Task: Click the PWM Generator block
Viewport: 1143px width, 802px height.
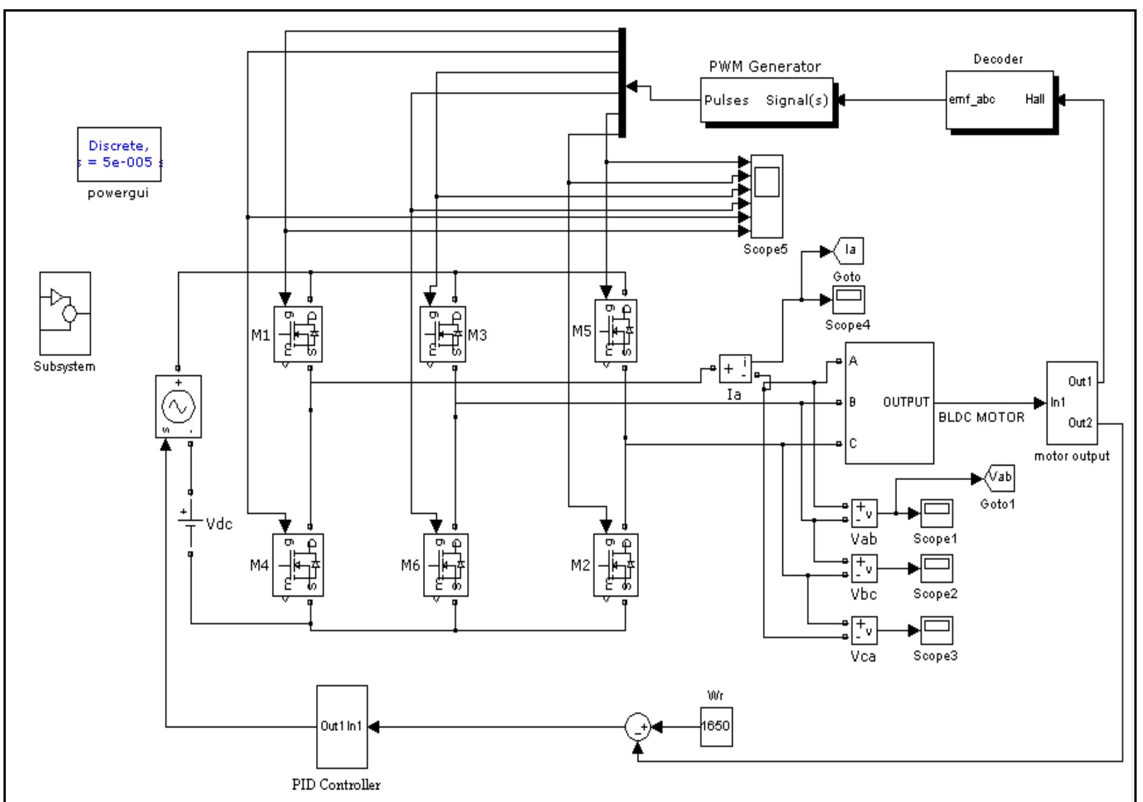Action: point(767,100)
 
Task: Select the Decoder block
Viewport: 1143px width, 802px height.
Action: point(999,100)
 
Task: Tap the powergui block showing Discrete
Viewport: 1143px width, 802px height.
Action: point(119,154)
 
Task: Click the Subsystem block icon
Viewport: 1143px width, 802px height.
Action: point(65,313)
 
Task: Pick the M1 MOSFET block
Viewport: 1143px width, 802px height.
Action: point(298,334)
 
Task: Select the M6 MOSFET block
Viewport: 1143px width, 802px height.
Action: point(446,565)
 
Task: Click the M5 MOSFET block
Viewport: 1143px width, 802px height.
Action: point(616,331)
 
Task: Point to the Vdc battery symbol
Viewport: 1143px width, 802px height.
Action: point(190,523)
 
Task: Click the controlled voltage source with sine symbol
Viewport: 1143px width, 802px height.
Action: point(178,406)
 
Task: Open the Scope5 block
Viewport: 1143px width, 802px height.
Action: point(767,196)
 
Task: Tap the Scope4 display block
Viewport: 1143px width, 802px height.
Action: point(848,299)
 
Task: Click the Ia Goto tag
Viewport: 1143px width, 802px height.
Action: point(848,251)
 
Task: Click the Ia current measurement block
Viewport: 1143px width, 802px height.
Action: point(735,368)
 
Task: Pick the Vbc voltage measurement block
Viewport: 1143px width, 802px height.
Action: point(864,568)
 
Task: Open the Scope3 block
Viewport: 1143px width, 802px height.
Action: point(936,630)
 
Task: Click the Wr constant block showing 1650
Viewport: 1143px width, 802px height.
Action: point(716,726)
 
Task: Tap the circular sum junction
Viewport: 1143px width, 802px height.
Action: point(638,726)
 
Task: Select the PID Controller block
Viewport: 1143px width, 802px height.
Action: point(341,726)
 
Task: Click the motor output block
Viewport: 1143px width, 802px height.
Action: point(1072,402)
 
